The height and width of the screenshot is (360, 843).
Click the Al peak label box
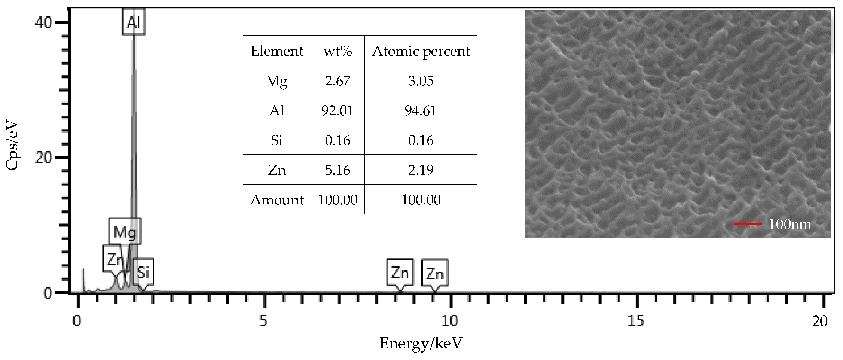click(x=134, y=22)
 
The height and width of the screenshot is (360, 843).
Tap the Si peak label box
click(x=143, y=272)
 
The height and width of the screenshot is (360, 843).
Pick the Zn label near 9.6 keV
click(x=435, y=273)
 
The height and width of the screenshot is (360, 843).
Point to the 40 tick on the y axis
click(x=43, y=23)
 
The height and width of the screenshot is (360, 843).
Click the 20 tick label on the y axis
click(x=43, y=158)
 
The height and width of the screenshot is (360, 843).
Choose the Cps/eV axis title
click(x=12, y=146)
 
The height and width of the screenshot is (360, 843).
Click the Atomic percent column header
click(x=421, y=51)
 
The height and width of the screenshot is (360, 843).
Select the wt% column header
click(x=337, y=51)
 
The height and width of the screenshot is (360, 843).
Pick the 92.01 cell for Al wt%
click(x=337, y=110)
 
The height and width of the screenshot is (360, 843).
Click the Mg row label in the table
click(x=277, y=80)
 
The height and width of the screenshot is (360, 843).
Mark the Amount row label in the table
click(x=277, y=200)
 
